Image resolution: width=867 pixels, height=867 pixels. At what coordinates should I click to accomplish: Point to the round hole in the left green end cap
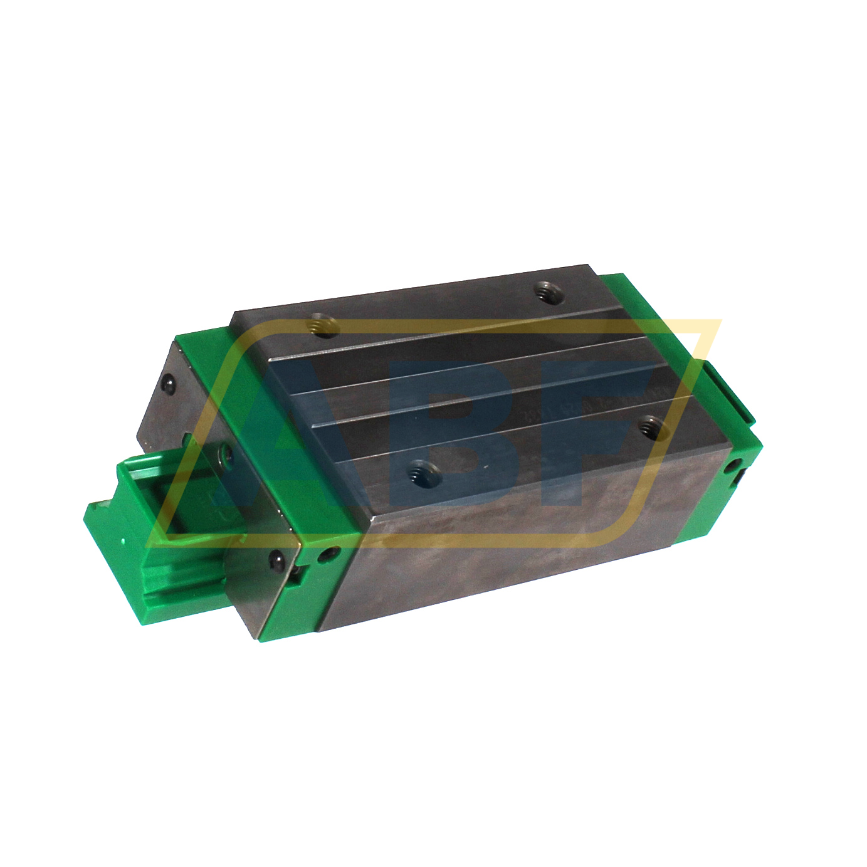[326, 554]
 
